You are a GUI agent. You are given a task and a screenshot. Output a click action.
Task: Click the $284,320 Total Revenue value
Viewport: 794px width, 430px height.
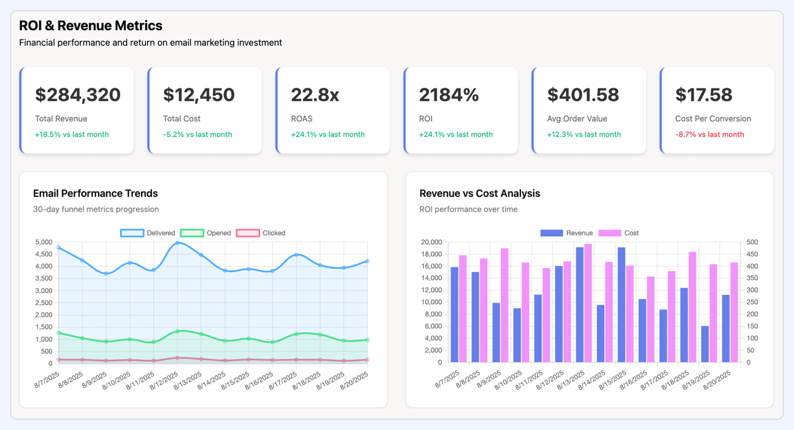click(x=77, y=95)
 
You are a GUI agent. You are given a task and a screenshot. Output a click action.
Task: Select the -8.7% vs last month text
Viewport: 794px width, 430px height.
click(x=709, y=135)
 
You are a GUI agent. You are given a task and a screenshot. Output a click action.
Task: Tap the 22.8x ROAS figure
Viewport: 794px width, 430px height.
click(x=315, y=95)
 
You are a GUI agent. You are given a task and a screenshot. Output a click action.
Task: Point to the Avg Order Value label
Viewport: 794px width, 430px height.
click(x=577, y=119)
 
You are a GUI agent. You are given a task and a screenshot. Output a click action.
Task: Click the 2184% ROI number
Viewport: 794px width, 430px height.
click(x=448, y=95)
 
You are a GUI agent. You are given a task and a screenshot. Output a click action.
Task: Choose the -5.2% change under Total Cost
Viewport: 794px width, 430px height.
click(x=197, y=135)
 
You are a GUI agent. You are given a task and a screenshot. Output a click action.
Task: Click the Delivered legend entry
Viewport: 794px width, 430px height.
click(x=148, y=233)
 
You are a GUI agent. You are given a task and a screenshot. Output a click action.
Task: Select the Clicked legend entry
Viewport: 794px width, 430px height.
click(x=261, y=233)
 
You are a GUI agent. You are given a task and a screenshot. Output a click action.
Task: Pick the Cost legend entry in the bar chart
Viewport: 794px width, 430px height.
click(x=618, y=233)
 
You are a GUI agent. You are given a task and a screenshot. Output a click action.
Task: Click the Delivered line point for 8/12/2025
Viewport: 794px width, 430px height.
click(x=177, y=243)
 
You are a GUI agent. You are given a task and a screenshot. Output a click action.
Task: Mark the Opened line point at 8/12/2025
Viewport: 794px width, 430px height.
click(x=177, y=331)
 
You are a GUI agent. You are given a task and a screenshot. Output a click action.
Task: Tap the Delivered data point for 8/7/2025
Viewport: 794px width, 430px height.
click(x=59, y=248)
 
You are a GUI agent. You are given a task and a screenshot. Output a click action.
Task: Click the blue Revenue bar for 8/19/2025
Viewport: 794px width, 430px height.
click(x=705, y=344)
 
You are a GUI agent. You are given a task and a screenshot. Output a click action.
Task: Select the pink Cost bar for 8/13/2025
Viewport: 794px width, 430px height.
click(x=588, y=304)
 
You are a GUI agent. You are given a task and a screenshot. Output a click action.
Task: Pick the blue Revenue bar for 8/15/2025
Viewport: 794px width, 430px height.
click(x=621, y=305)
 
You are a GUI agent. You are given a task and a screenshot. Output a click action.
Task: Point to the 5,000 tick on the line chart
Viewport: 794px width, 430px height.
click(x=43, y=242)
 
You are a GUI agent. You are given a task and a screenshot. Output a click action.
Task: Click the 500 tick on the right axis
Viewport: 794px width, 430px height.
click(x=752, y=242)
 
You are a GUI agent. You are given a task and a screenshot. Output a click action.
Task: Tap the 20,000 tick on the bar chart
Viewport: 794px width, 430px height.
click(x=431, y=242)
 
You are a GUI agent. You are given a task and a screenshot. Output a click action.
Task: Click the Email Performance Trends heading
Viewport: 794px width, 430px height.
click(x=95, y=194)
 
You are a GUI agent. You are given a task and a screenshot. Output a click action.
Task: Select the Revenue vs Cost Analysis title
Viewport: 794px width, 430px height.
click(x=479, y=194)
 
